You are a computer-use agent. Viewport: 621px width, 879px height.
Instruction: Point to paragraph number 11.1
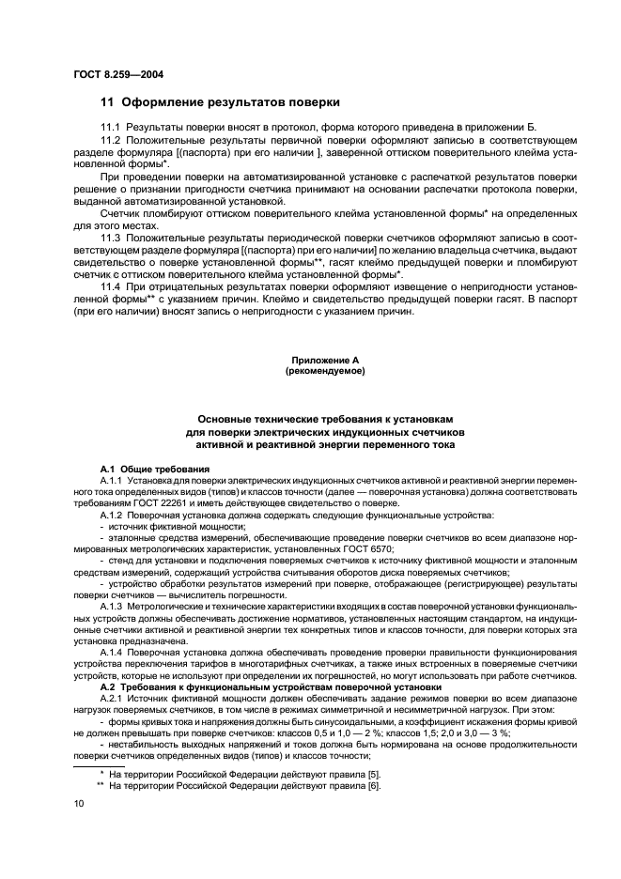click(x=112, y=126)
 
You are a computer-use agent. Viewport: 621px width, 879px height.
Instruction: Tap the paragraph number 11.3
click(x=112, y=236)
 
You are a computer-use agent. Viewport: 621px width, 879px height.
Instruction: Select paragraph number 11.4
click(x=112, y=285)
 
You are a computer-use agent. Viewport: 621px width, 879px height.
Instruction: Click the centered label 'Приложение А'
click(x=324, y=360)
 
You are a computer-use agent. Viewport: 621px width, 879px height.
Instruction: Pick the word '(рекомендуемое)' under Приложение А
click(x=324, y=371)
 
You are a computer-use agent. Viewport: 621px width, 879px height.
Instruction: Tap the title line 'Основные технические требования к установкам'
click(x=324, y=419)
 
